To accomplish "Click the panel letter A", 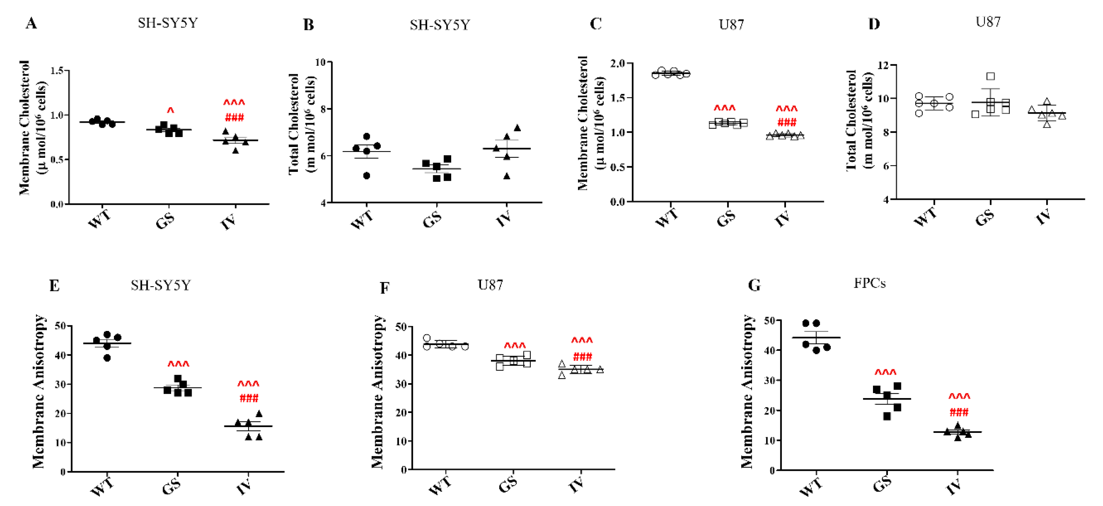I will click(x=31, y=23).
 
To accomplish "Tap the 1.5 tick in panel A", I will click(x=57, y=71).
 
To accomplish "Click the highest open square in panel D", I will click(x=990, y=76).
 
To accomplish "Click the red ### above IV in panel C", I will click(x=787, y=123).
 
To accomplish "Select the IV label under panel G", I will click(x=954, y=487).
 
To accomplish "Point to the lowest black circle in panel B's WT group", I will click(x=366, y=176).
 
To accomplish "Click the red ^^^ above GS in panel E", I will click(x=178, y=364).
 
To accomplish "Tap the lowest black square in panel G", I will click(x=887, y=417).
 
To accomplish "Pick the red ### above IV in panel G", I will click(x=959, y=413).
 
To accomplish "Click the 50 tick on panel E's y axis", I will click(x=60, y=326).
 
